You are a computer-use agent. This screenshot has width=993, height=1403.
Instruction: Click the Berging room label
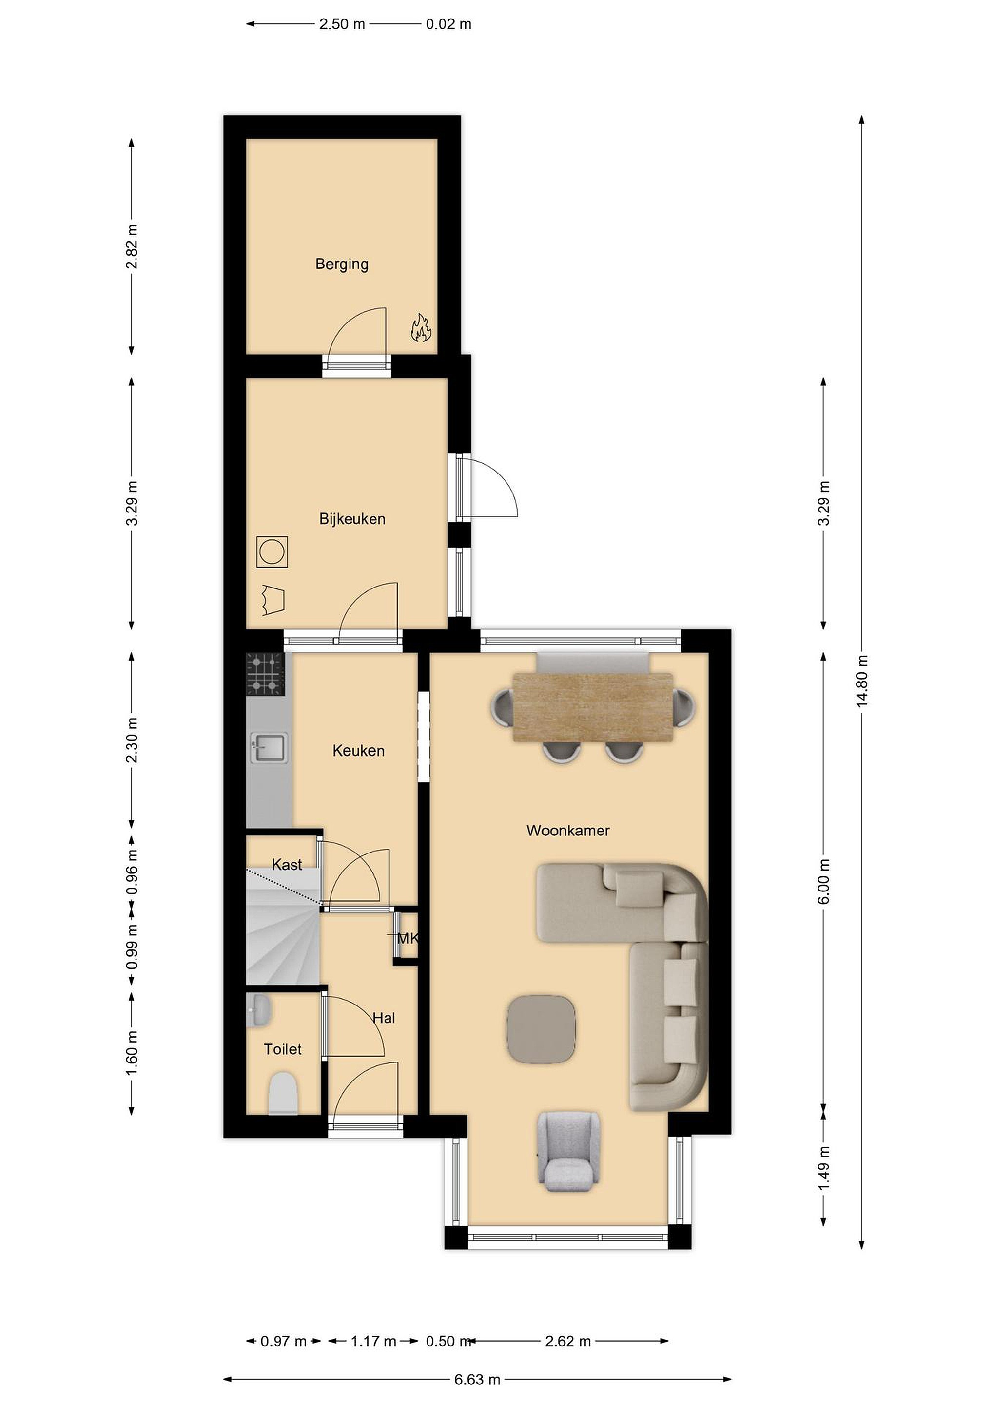[x=342, y=264]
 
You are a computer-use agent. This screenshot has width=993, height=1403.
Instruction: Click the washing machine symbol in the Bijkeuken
[x=272, y=552]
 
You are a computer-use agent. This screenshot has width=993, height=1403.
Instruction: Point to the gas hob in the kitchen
[x=265, y=674]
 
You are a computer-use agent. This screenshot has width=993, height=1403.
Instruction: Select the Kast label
[x=287, y=865]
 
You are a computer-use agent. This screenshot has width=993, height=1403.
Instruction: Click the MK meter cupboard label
[x=408, y=938]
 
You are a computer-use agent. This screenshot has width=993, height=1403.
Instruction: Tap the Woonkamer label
[x=568, y=831]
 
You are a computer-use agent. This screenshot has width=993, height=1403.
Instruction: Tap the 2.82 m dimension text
[x=132, y=247]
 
